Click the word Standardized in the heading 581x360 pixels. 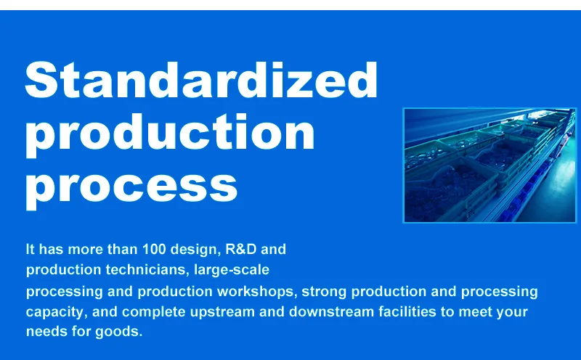(201, 80)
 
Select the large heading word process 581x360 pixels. (131, 187)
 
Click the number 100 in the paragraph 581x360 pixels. (154, 249)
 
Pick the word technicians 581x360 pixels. (147, 269)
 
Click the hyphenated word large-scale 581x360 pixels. (232, 269)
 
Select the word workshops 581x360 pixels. (256, 292)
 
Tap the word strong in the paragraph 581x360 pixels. (324, 292)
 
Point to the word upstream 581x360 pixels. (222, 312)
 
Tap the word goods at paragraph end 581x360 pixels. (118, 332)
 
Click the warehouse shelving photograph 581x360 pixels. (489, 165)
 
